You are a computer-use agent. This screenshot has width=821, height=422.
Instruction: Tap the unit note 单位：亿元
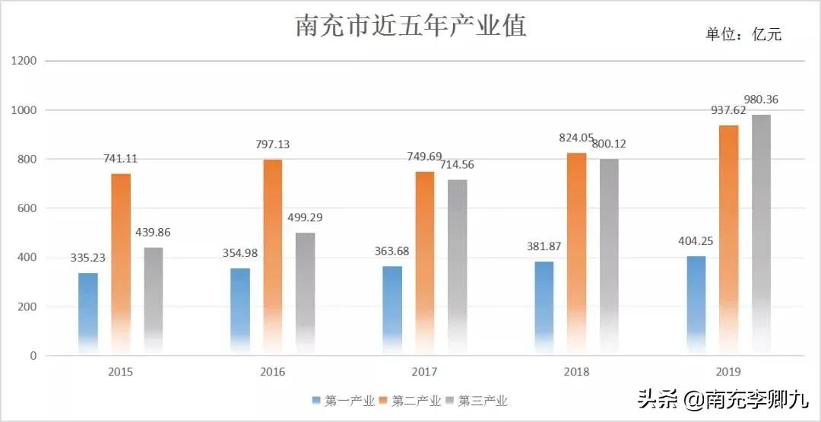click(743, 34)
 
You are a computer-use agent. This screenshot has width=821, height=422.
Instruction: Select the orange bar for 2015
click(121, 262)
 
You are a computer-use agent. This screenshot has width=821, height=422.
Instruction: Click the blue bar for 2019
click(696, 304)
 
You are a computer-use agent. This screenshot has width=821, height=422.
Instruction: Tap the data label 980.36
click(768, 100)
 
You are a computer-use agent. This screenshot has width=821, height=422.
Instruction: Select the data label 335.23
click(89, 258)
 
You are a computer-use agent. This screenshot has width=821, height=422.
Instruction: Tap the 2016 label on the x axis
click(273, 372)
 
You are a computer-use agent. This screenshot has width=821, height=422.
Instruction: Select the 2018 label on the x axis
click(576, 372)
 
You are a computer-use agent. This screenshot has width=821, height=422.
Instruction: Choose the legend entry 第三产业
click(476, 401)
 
